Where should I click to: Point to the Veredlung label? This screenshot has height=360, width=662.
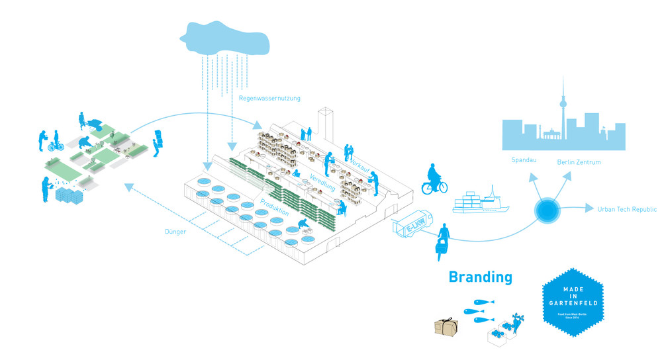(322, 183)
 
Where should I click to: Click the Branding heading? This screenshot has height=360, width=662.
(480, 277)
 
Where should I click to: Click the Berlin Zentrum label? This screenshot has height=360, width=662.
(579, 161)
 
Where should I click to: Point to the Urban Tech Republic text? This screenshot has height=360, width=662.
(627, 209)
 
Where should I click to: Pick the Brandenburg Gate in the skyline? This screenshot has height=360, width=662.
(551, 137)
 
